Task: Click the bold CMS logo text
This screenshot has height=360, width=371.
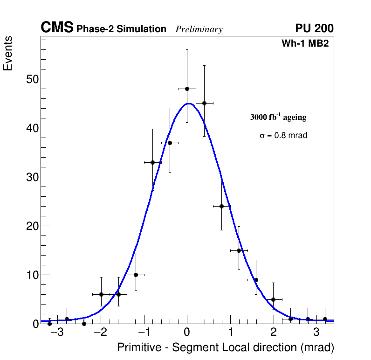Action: click(x=57, y=28)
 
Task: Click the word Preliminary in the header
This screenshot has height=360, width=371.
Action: click(x=199, y=29)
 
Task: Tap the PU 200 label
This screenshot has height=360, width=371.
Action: click(x=314, y=28)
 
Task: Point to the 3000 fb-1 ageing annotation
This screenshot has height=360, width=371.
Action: click(x=278, y=117)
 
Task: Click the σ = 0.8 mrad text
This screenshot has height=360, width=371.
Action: click(x=283, y=136)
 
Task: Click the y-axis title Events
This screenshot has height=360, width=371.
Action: click(x=8, y=53)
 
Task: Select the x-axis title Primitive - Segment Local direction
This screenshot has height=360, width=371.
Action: click(x=226, y=348)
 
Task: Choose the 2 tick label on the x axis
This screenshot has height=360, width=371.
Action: click(x=273, y=333)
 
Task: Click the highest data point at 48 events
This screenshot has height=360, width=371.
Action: click(x=187, y=89)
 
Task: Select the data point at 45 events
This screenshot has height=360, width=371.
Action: click(x=204, y=103)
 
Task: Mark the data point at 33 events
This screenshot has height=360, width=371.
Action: click(x=152, y=162)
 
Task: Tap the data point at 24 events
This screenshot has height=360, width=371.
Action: click(x=221, y=206)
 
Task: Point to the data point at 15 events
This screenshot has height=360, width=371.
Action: click(x=239, y=250)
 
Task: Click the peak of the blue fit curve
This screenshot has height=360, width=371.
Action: click(x=187, y=104)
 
